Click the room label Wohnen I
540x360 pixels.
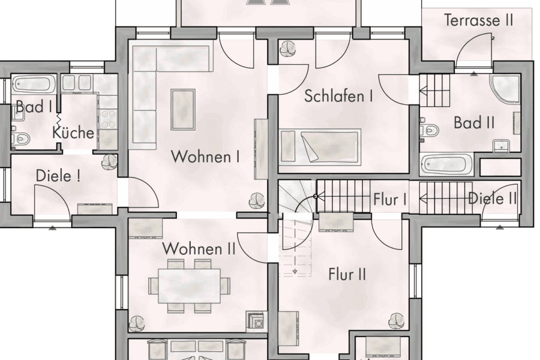(206, 157)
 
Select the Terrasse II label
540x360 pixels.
(478, 20)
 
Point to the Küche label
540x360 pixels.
(73, 132)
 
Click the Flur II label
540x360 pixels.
(347, 275)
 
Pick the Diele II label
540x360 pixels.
(492, 198)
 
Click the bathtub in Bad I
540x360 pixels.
(33, 83)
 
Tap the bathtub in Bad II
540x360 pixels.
(446, 164)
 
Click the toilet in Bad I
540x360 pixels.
(22, 139)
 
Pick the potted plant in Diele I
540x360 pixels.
(110, 161)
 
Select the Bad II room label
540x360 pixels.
(474, 123)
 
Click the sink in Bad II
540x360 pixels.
(499, 145)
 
